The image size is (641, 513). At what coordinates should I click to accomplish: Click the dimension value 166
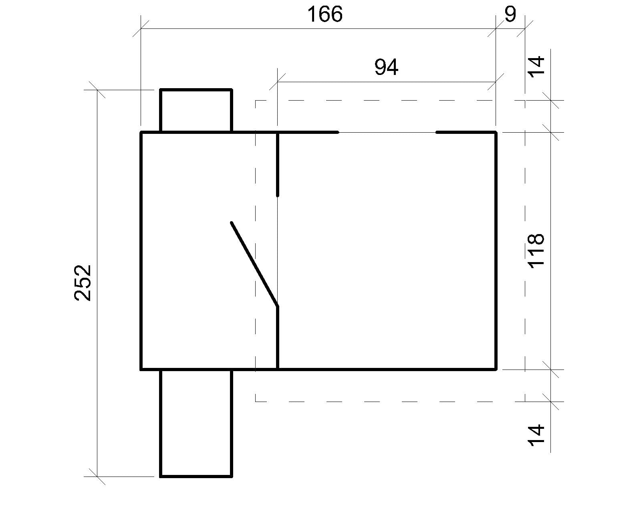point(325,15)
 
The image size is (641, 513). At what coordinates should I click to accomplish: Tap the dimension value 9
point(510,15)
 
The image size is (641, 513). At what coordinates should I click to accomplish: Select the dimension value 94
point(386,67)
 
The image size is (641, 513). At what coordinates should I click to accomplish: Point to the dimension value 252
point(83,283)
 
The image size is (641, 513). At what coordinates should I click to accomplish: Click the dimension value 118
point(536,250)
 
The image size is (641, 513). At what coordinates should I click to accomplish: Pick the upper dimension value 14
point(536,65)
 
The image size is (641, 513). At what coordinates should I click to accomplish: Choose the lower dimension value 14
point(536,435)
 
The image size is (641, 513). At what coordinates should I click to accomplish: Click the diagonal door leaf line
point(254,265)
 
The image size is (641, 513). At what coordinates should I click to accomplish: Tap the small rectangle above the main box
point(196,111)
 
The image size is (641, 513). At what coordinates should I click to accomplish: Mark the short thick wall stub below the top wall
point(278,164)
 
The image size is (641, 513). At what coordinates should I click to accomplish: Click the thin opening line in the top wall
point(387,132)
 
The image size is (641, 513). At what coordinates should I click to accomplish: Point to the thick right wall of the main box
point(496,250)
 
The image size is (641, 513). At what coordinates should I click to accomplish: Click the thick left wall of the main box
point(141,250)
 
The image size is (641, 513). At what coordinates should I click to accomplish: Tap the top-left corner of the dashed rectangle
point(256,100)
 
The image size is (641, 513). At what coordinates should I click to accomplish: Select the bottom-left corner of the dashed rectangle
point(256,401)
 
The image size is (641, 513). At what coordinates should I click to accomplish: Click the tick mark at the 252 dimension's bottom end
point(97,477)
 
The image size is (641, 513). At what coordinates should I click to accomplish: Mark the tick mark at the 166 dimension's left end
point(141,29)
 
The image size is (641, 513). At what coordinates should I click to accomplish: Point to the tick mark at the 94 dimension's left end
point(277,82)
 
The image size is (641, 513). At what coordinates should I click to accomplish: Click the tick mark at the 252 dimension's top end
point(97,90)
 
